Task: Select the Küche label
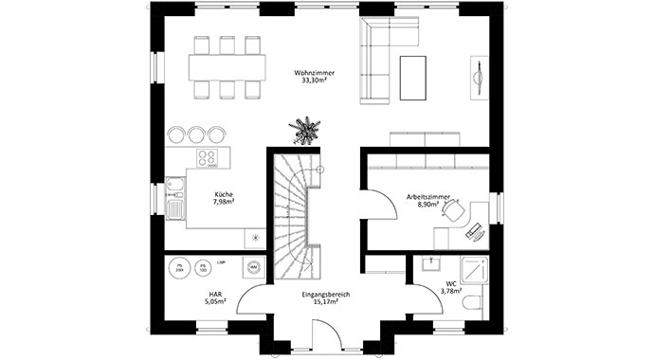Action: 223,194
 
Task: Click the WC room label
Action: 450,283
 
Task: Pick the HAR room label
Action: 215,295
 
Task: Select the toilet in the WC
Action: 475,303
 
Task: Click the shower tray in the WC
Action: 475,269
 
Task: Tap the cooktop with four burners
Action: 209,158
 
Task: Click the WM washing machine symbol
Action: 253,267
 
